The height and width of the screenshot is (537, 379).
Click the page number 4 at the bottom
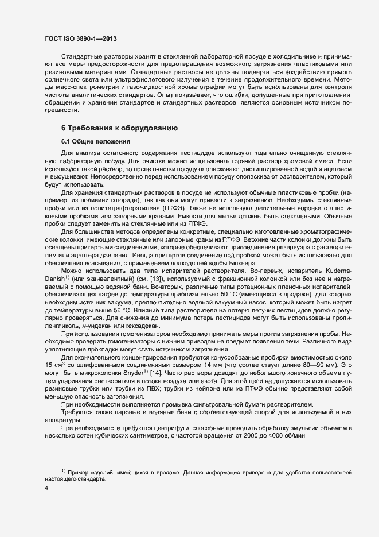tap(46, 489)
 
